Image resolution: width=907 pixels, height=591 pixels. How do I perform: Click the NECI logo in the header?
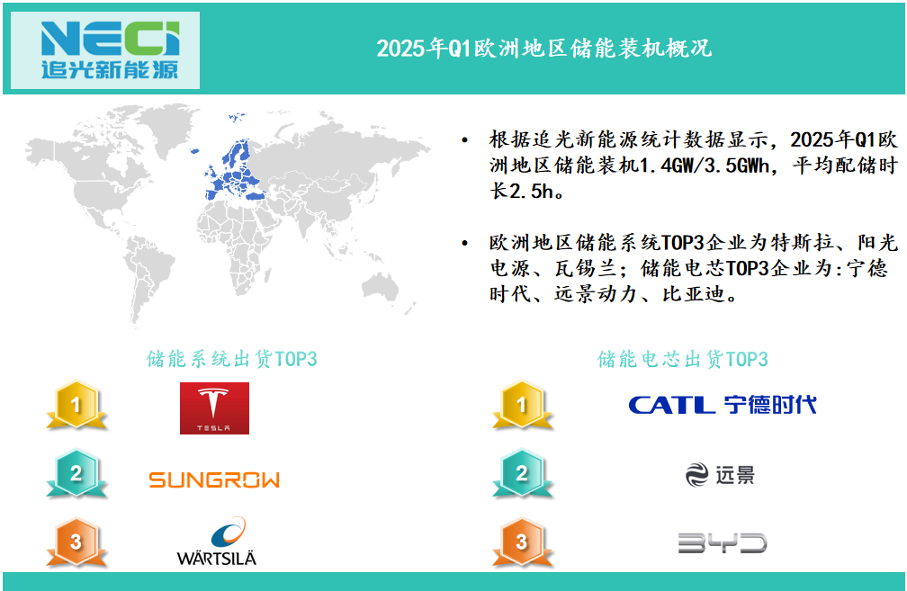[x=110, y=50]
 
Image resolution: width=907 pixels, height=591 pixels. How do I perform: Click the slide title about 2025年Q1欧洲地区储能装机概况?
[x=544, y=48]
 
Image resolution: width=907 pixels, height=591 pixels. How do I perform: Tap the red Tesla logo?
[x=214, y=408]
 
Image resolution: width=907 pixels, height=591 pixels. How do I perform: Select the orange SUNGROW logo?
[x=214, y=479]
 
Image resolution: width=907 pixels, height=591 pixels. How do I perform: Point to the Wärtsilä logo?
[x=216, y=542]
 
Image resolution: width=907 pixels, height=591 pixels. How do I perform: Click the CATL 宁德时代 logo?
[x=723, y=404]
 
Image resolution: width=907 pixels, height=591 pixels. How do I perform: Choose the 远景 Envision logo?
[x=720, y=475]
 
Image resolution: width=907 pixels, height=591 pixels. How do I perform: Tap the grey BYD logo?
[x=723, y=543]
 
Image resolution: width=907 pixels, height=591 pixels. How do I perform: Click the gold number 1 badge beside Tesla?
[x=76, y=405]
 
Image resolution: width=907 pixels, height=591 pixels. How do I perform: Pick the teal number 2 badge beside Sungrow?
[x=76, y=473]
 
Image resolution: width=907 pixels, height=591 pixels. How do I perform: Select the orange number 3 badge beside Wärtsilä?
[x=76, y=542]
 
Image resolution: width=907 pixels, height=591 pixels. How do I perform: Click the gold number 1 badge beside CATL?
[x=522, y=405]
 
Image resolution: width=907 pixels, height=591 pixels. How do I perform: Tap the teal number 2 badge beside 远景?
[x=522, y=473]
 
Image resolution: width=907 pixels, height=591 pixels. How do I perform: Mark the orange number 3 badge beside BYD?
[x=522, y=542]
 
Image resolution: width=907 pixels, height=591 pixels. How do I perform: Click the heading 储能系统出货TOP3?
[x=231, y=359]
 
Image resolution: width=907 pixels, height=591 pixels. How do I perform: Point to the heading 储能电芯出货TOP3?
[x=683, y=359]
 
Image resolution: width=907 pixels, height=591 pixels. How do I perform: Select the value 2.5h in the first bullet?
[x=531, y=192]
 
